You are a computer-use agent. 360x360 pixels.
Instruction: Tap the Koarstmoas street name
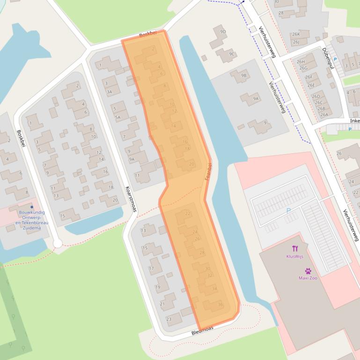coord(131,199)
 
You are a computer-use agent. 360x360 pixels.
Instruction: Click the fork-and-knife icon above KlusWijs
coord(295,248)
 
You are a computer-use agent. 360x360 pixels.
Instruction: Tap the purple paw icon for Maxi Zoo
coord(308,271)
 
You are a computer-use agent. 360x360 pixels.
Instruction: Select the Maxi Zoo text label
coord(308,278)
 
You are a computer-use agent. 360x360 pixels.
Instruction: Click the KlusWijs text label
coord(295,257)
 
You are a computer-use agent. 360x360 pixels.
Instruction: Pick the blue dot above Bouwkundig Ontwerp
coord(32,207)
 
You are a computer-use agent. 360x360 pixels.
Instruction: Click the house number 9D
coord(223,32)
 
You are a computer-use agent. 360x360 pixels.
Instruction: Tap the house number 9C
coord(232,54)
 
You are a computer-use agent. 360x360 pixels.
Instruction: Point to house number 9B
coord(243,75)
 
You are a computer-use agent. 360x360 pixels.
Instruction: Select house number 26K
coord(296,35)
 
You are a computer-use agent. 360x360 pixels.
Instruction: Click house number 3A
coord(109,92)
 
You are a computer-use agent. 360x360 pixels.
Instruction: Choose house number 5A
coord(118,117)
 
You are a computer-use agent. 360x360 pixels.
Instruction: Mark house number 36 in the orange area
coord(220,304)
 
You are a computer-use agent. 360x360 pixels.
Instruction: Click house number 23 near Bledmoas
coord(169,319)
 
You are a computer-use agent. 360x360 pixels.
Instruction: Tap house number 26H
coord(301,61)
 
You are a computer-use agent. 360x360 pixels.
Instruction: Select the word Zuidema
coord(31,228)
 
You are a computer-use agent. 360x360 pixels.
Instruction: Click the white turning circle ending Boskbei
coord(58,243)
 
